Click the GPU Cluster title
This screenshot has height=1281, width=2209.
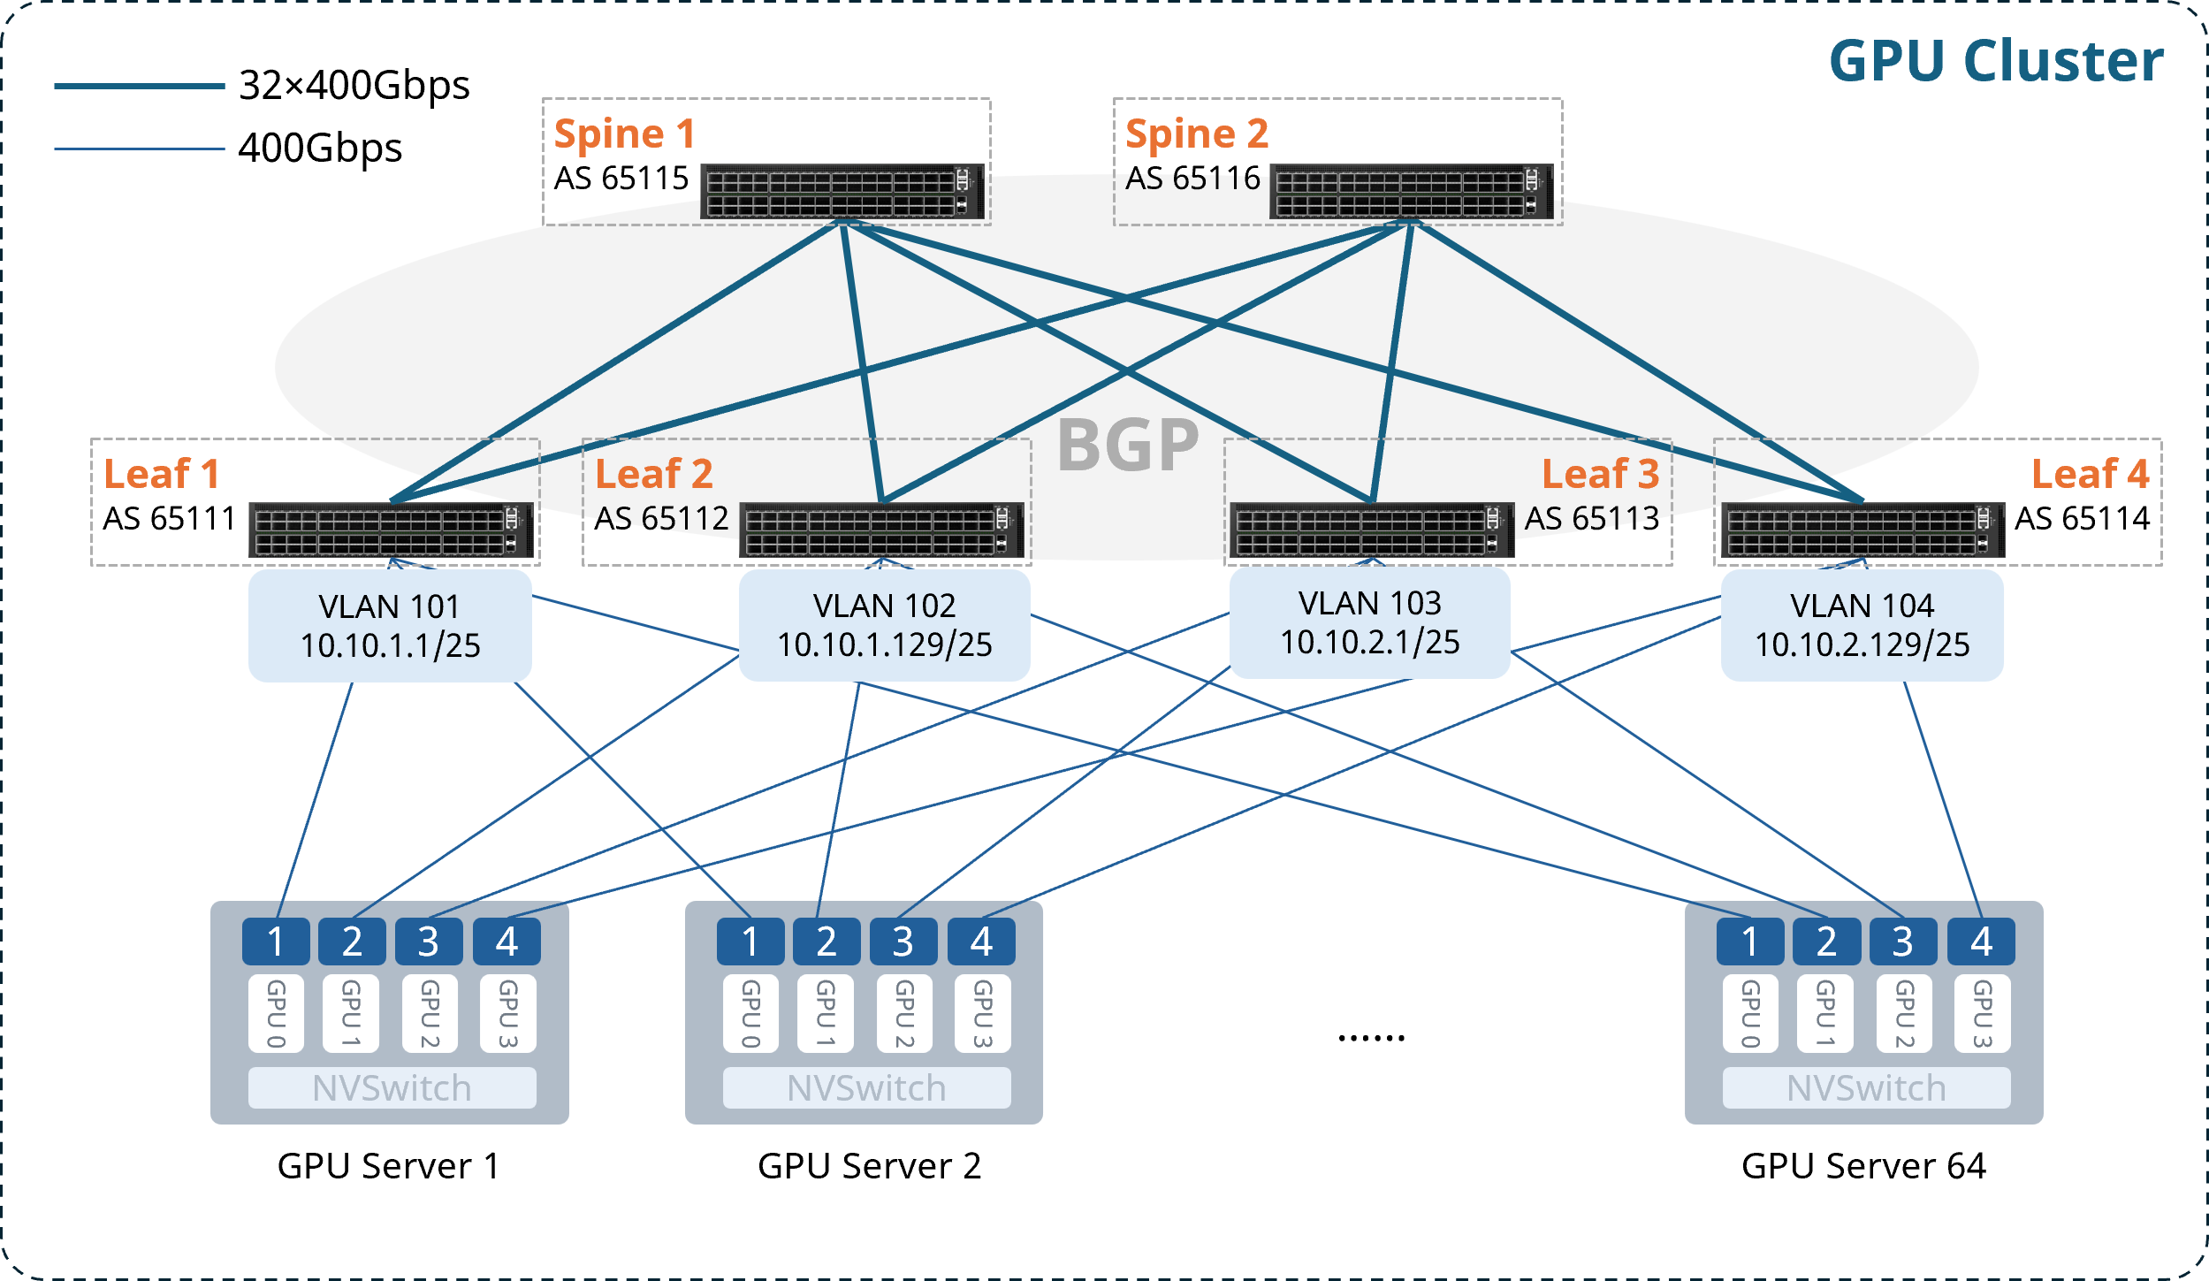pos(1995,62)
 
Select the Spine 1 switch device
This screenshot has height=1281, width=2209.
pos(842,191)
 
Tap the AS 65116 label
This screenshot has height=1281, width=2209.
pos(1192,179)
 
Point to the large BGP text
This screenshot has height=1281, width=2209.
pos(1128,446)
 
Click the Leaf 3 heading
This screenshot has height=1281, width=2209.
pos(1600,474)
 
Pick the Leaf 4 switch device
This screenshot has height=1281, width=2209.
pos(1862,530)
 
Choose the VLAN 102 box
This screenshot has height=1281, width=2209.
pos(884,625)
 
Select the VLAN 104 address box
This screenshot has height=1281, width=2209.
pos(1862,625)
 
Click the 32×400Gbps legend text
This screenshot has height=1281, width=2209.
pos(354,86)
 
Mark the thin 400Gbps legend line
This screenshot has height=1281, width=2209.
pos(140,149)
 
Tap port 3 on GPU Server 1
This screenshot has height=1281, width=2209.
pos(429,942)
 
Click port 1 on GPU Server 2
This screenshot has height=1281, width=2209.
pos(750,942)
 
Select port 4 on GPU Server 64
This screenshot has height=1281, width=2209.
pos(1981,942)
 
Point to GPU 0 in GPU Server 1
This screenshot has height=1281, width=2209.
pos(276,1013)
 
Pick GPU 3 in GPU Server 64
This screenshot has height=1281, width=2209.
pos(1982,1013)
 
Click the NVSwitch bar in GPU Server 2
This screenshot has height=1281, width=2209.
pos(866,1087)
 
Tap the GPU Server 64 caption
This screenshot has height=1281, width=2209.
pos(1863,1166)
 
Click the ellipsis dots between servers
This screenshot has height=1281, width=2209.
pos(1371,1037)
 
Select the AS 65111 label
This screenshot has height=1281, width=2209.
pos(169,518)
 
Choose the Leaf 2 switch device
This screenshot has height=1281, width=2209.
pos(881,530)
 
